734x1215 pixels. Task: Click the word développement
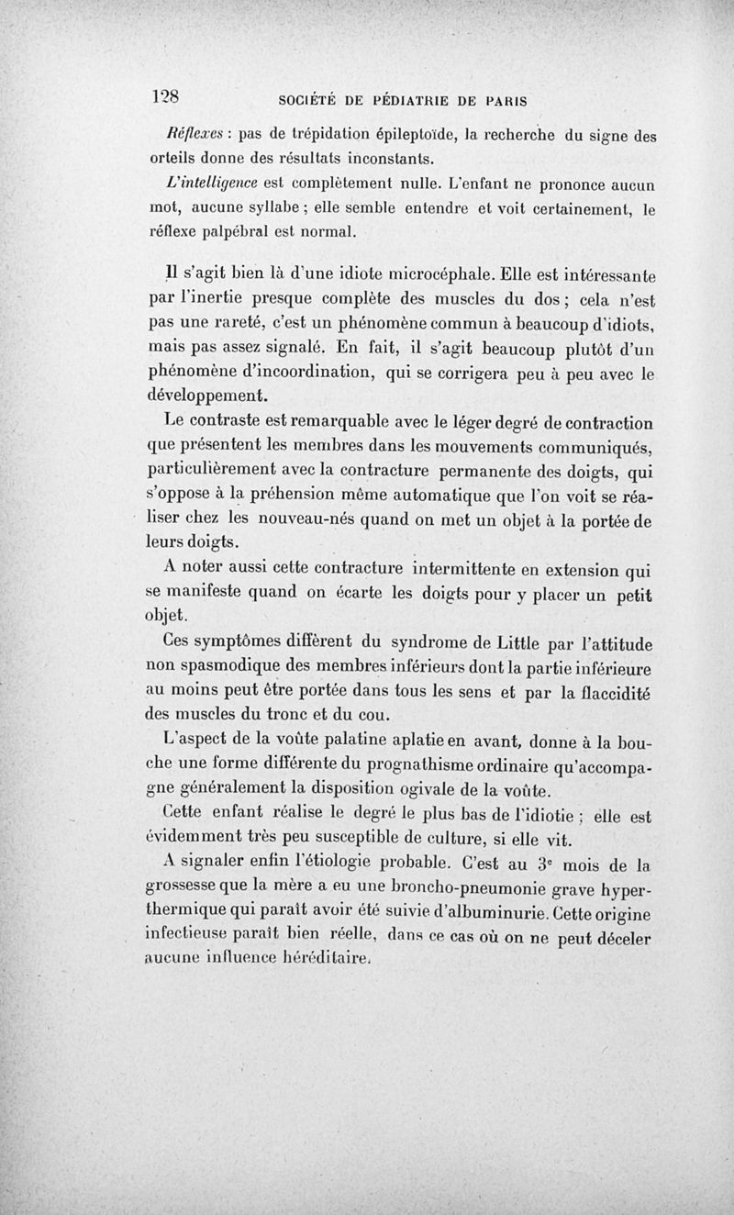(x=207, y=397)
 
